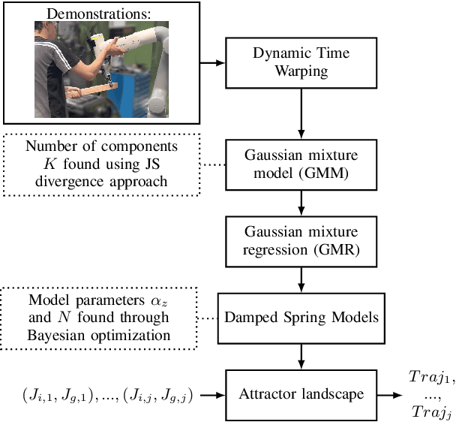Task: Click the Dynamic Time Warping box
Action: point(301,63)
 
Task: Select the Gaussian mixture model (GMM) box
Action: point(301,165)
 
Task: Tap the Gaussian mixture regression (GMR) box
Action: point(301,242)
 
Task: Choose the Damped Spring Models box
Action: point(301,318)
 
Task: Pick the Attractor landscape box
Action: point(301,395)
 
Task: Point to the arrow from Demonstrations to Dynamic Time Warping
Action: point(212,62)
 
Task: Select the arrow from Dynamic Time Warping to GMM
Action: point(301,114)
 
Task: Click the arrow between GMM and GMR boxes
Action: point(301,203)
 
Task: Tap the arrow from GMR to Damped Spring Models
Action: point(301,280)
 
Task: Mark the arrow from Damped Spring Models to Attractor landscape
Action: point(301,357)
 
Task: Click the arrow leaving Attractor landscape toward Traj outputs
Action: point(390,395)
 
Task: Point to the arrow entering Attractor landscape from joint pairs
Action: point(213,395)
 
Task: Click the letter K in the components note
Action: point(49,164)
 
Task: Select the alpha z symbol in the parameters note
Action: point(159,301)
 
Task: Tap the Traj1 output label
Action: point(431,377)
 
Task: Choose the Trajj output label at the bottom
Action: point(431,412)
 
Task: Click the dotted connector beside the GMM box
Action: point(213,165)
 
